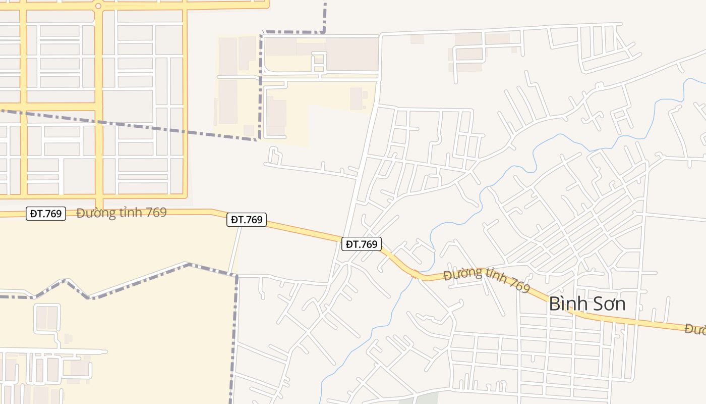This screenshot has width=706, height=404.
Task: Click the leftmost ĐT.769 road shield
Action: [46, 214]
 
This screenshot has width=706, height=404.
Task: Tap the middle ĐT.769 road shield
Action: [246, 220]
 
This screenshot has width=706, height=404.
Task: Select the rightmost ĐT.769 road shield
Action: [362, 244]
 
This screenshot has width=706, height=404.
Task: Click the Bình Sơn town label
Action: [587, 304]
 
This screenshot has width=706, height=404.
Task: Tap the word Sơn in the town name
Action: [609, 304]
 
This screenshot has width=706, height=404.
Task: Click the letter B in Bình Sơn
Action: [554, 304]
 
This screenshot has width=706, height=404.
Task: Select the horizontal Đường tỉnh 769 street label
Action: [122, 213]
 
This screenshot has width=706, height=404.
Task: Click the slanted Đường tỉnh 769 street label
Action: [487, 280]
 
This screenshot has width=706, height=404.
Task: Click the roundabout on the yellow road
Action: [98, 6]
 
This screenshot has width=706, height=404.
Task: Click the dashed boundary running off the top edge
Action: [325, 10]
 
